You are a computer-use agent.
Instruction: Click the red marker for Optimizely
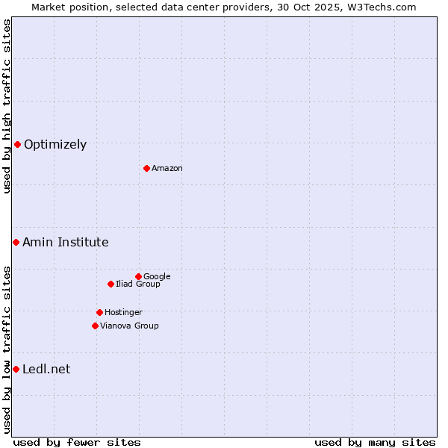tap(17, 144)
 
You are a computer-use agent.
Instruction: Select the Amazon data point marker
tap(146, 168)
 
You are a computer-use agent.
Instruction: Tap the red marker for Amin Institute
tap(16, 242)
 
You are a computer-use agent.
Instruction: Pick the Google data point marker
tap(138, 276)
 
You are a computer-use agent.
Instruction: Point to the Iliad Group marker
tap(111, 284)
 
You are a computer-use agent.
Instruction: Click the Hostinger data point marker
tap(99, 312)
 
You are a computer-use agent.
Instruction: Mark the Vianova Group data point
tap(95, 326)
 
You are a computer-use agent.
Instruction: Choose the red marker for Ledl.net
tap(16, 369)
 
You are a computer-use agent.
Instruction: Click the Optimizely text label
tap(55, 145)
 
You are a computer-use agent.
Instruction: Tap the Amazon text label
tap(167, 169)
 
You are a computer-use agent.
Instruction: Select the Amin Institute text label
tap(66, 243)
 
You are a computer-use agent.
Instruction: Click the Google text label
tap(157, 277)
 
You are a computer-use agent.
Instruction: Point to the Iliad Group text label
tap(138, 284)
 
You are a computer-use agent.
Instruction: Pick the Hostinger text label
tap(123, 313)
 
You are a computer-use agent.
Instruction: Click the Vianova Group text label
tap(129, 326)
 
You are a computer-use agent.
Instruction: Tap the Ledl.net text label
tap(46, 370)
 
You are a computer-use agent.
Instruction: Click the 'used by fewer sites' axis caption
tap(77, 442)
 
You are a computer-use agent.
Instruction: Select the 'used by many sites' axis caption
tap(375, 442)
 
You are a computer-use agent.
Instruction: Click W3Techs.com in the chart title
tap(381, 7)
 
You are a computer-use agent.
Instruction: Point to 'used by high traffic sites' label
tap(7, 106)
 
